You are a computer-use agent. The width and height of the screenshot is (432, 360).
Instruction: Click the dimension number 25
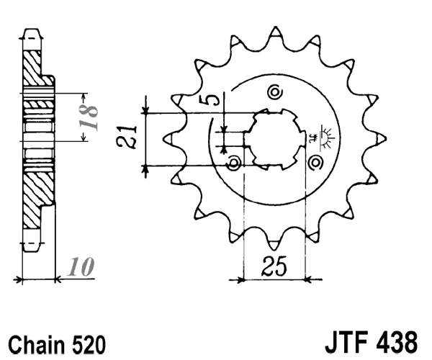pyautogui.click(x=275, y=266)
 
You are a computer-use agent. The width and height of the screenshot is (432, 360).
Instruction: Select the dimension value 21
pyautogui.click(x=130, y=136)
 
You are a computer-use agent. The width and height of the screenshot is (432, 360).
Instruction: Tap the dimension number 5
pyautogui.click(x=211, y=100)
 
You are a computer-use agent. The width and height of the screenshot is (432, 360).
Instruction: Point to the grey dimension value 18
pyautogui.click(x=90, y=117)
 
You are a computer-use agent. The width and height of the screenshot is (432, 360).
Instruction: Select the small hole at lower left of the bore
pyautogui.click(x=233, y=165)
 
